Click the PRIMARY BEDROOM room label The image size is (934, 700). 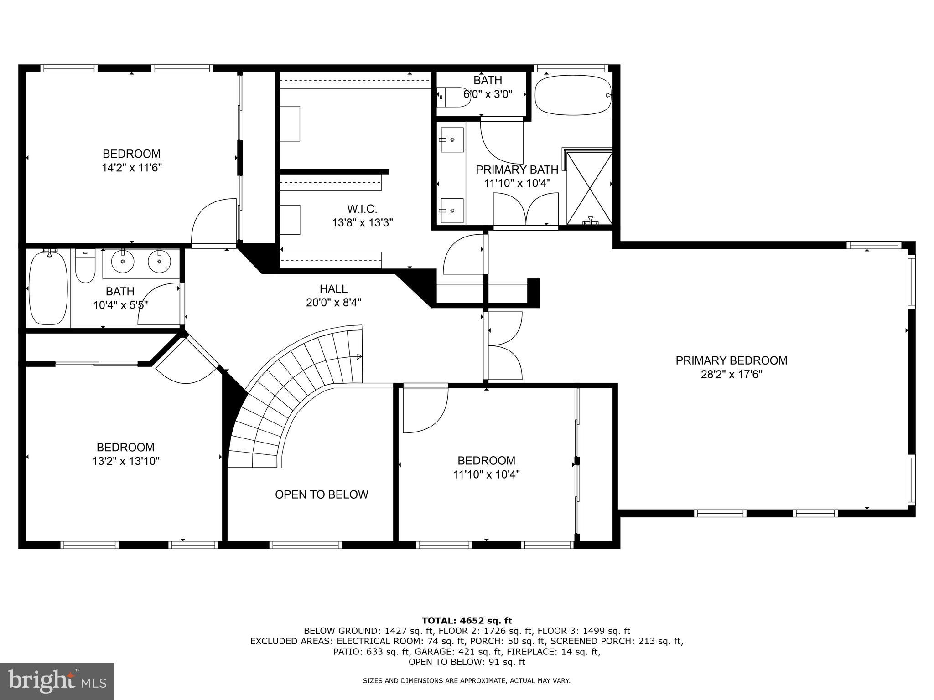[731, 360]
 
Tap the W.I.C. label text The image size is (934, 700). [362, 209]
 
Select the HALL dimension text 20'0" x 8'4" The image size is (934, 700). [334, 303]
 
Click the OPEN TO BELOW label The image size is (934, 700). [322, 494]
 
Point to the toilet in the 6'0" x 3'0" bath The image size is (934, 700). [454, 97]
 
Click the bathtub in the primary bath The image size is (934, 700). [572, 96]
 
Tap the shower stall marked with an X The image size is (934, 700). [589, 188]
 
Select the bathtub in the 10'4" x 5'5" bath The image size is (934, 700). [48, 288]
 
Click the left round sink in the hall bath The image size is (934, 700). [123, 262]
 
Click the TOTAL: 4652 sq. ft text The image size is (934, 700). [467, 620]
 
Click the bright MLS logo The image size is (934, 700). [57, 681]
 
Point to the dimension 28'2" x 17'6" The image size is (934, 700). [731, 375]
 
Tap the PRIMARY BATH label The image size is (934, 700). [517, 170]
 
